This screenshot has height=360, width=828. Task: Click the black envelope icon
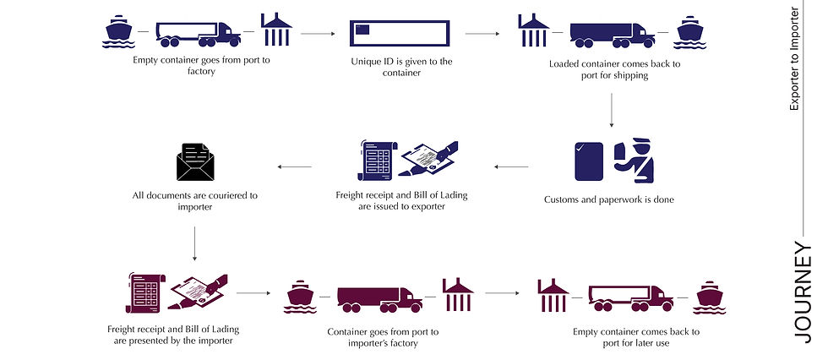click(195, 162)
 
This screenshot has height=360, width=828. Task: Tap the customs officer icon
click(634, 160)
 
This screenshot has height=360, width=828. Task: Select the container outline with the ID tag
click(399, 33)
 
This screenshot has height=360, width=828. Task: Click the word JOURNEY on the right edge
click(803, 292)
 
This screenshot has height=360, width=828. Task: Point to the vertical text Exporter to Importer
click(794, 58)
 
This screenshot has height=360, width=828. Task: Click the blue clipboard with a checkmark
click(589, 161)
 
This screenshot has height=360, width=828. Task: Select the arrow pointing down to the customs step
click(612, 111)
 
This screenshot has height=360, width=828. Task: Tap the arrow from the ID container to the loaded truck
click(482, 34)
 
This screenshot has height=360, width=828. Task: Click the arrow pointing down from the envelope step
click(194, 243)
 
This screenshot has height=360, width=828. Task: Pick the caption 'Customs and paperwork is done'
click(609, 200)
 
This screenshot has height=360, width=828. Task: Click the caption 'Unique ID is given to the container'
click(401, 67)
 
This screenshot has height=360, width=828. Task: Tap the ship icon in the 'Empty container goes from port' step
click(118, 31)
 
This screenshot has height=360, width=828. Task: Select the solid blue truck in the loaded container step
click(613, 35)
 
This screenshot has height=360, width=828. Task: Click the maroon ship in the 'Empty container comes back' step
click(710, 297)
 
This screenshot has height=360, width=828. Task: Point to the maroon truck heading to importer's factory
click(379, 299)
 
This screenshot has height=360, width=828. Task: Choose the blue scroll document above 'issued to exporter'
click(377, 161)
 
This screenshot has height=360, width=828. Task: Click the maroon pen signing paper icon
click(198, 292)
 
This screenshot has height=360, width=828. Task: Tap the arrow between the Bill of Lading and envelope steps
click(295, 166)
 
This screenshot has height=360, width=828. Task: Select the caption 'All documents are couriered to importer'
click(195, 201)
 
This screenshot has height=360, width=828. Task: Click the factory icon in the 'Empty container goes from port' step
click(276, 30)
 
